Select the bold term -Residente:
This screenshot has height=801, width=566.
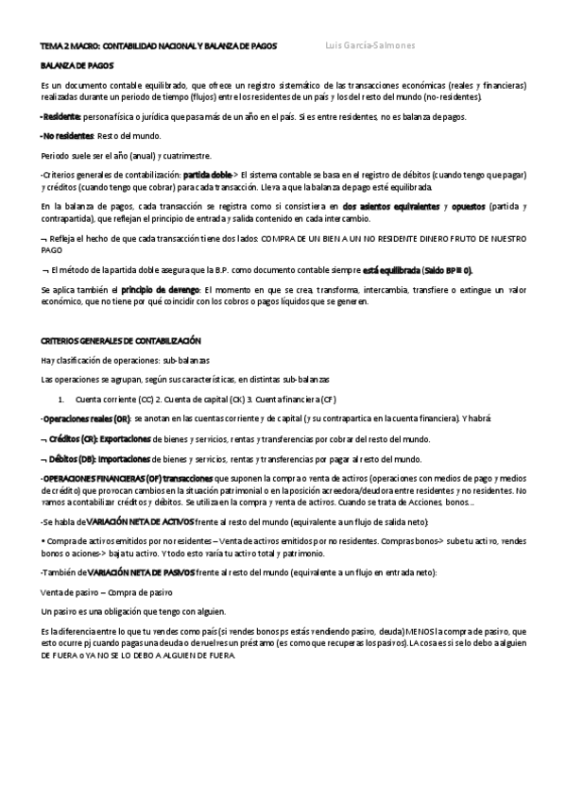pos(61,117)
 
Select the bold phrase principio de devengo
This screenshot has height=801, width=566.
pos(163,289)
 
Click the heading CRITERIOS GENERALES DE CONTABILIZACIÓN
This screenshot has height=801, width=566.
pos(120,340)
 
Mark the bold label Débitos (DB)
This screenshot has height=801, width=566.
pos(71,458)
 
